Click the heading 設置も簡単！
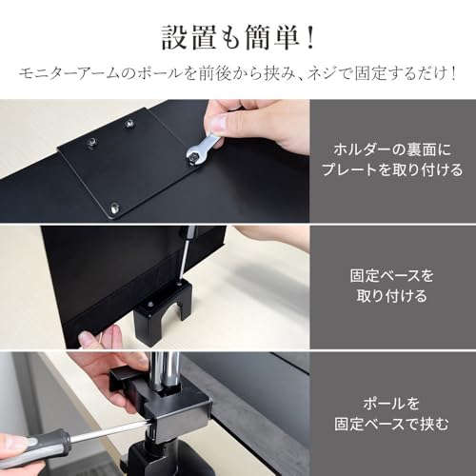point(238,38)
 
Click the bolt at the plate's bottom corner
point(115,208)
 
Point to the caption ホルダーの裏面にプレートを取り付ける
point(392,160)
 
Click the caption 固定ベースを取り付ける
point(392,286)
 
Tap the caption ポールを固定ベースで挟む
point(392,414)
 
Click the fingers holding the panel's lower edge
point(100,338)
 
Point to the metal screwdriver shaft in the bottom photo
point(107,430)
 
